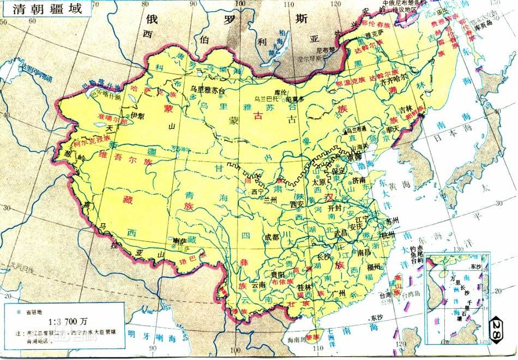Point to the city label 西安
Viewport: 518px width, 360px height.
point(297,204)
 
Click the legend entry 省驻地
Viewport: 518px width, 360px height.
point(36,311)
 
